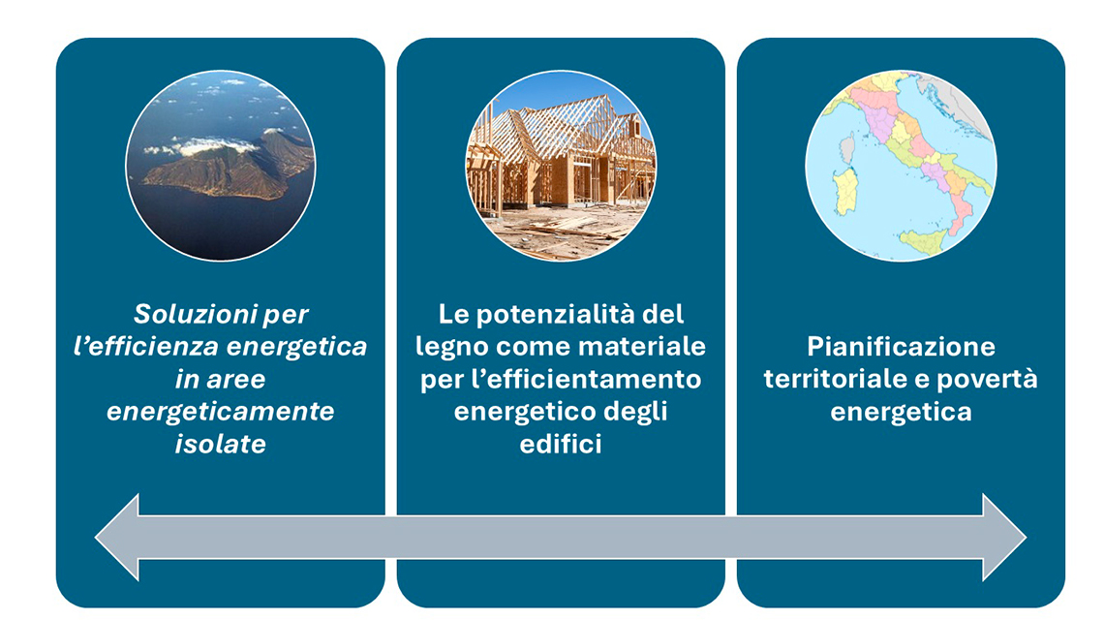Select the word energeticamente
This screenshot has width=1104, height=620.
tap(220, 412)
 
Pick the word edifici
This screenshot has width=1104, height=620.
tap(561, 444)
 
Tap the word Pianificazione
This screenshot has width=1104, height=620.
tap(901, 347)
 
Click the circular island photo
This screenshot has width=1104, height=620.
tap(220, 166)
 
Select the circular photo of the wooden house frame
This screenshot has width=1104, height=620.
tap(561, 166)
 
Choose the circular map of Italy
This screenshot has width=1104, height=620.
tap(901, 166)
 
